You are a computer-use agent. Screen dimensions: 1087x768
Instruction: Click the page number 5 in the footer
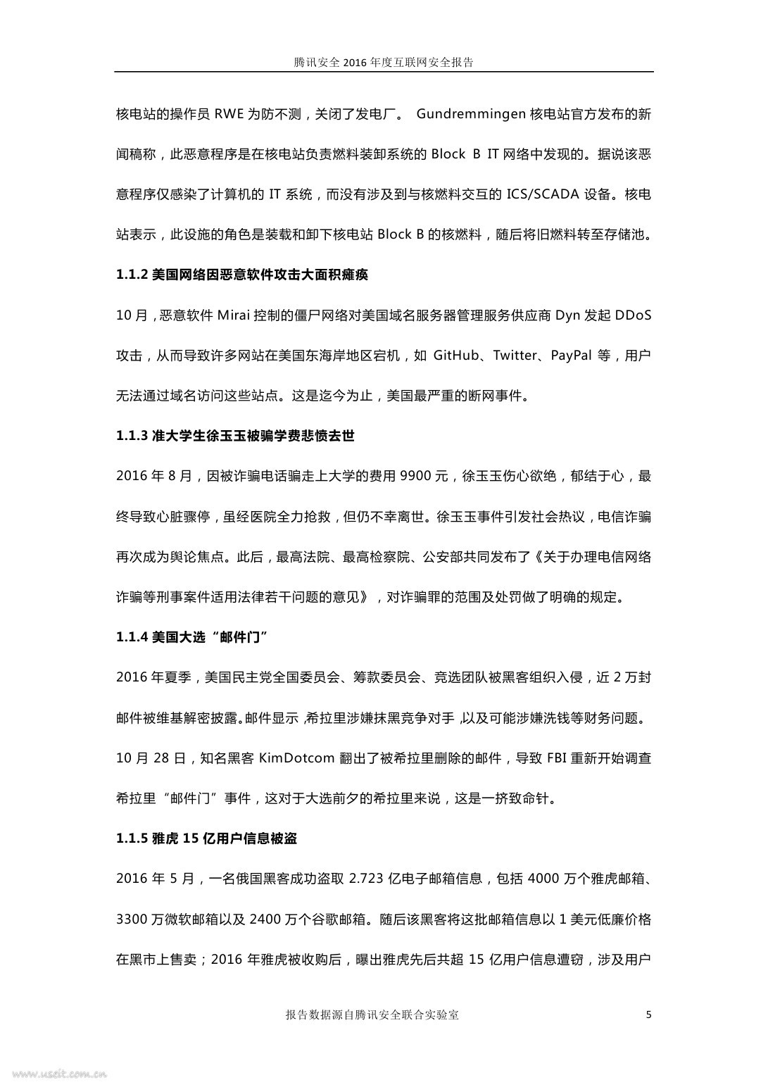(648, 1014)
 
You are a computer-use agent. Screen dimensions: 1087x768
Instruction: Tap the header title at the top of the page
(384, 62)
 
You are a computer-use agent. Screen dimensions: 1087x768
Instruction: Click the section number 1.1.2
(132, 275)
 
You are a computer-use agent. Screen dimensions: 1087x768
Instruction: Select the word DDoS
(633, 315)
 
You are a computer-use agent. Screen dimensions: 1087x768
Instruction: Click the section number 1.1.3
(132, 436)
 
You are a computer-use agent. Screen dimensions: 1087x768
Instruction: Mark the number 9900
(415, 476)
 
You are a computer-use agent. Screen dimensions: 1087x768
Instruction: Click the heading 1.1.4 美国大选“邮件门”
(193, 637)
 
